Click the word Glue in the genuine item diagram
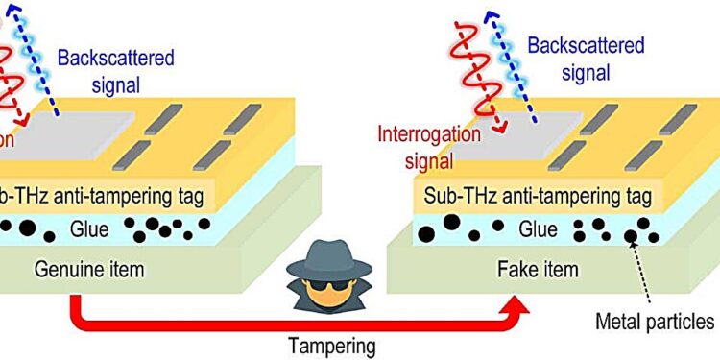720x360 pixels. [84, 228]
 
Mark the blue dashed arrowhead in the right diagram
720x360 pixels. [495, 14]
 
